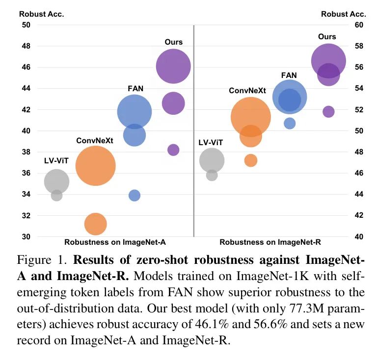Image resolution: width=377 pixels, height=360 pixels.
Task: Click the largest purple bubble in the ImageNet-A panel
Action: tap(173, 67)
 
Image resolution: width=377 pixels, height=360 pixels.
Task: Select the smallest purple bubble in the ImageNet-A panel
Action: tap(173, 150)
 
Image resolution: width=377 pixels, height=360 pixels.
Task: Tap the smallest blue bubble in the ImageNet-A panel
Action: tap(135, 195)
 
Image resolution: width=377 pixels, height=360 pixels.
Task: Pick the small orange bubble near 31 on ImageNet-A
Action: tap(96, 224)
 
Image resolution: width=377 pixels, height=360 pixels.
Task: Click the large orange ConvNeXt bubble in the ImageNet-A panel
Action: tap(96, 166)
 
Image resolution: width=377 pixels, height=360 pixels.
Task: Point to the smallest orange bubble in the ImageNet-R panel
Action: tap(251, 160)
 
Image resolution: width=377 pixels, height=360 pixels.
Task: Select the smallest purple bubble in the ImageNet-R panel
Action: tap(328, 111)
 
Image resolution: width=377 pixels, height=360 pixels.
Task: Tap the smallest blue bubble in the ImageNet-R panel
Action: tap(290, 123)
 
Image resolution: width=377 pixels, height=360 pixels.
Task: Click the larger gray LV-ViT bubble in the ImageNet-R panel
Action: tap(212, 160)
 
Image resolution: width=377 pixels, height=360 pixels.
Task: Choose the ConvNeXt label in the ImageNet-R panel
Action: tap(247, 91)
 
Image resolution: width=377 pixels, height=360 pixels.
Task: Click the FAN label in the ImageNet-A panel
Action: tap(135, 89)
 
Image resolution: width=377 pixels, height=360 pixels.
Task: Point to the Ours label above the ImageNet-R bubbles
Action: tap(327, 37)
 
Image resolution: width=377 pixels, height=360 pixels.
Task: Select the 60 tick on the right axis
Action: tap(358, 25)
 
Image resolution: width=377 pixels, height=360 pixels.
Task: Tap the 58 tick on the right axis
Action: tap(358, 46)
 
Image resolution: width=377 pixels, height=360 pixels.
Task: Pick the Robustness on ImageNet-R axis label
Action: tap(270, 242)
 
